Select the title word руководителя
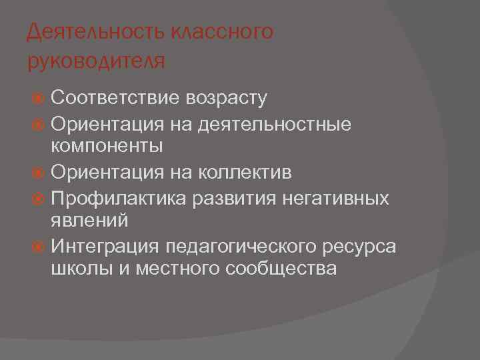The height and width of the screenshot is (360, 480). pos(95,62)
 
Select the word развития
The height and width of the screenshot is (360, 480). pos(227,197)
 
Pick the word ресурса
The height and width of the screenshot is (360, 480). pos(360,247)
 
